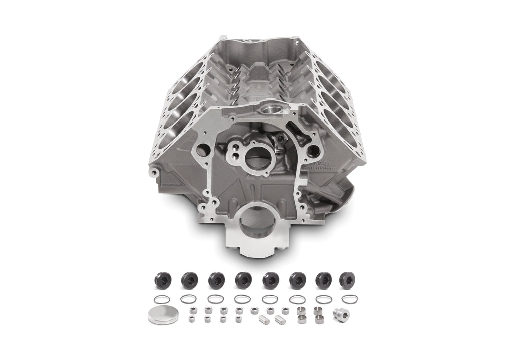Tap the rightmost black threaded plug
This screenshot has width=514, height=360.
tap(347, 280)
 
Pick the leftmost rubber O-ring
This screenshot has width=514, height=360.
tap(161, 300)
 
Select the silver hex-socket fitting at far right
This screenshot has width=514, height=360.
tap(342, 314)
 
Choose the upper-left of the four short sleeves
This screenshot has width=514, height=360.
tap(302, 309)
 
